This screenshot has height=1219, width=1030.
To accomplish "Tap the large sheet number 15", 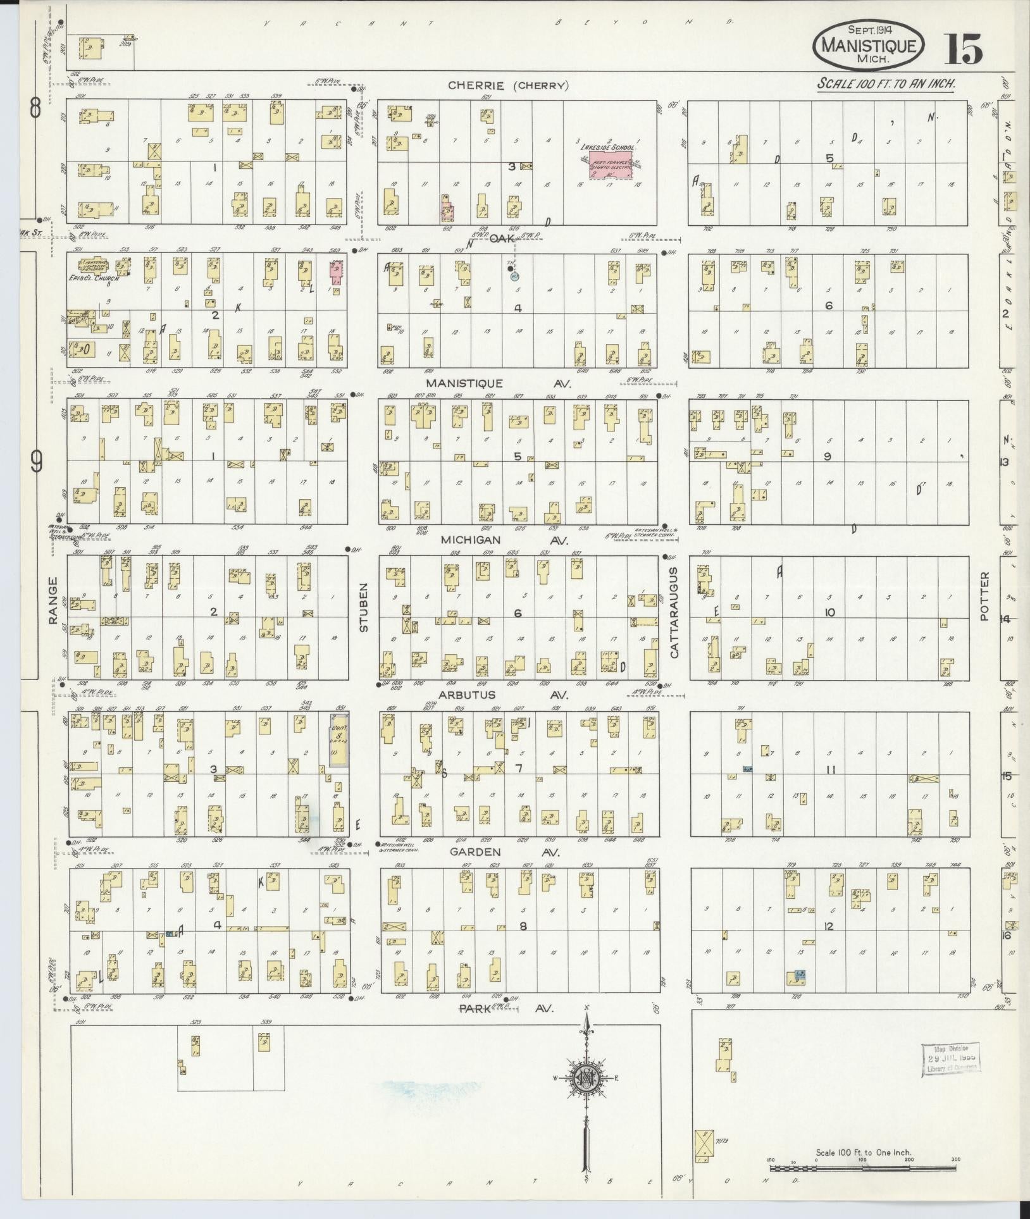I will pyautogui.click(x=963, y=50).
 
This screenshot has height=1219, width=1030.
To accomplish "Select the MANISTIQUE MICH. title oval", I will pyautogui.click(x=869, y=44).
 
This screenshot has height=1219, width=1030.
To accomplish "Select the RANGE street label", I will pyautogui.click(x=53, y=601).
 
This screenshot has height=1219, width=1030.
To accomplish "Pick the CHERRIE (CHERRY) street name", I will pyautogui.click(x=509, y=86).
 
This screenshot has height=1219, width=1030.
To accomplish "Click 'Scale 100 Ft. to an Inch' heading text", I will pyautogui.click(x=886, y=84).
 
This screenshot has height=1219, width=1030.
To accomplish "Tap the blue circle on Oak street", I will pyautogui.click(x=514, y=275).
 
